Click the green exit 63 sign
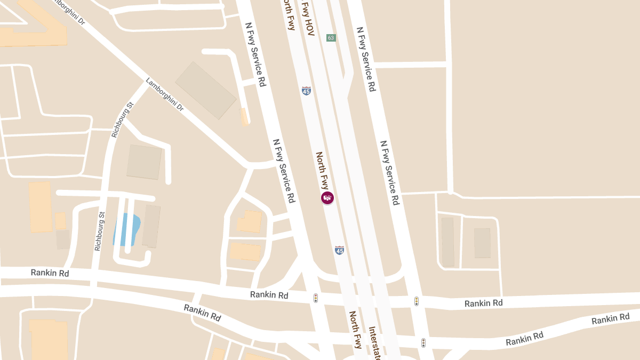pyautogui.click(x=331, y=37)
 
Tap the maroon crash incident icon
pyautogui.click(x=327, y=198)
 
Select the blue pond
pyautogui.click(x=126, y=229)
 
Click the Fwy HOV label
pyautogui.click(x=308, y=18)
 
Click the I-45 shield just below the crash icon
pyautogui.click(x=339, y=250)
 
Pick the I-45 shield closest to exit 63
pyautogui.click(x=306, y=91)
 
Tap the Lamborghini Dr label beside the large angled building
pyautogui.click(x=165, y=95)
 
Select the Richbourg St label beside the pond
pyautogui.click(x=99, y=231)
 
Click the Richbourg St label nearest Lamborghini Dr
pyautogui.click(x=122, y=120)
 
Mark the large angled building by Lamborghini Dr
pyautogui.click(x=206, y=90)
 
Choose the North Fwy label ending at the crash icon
pyautogui.click(x=322, y=171)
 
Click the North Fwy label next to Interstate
pyautogui.click(x=356, y=329)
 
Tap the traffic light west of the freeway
pyautogui.click(x=316, y=298)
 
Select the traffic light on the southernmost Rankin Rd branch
pyautogui.click(x=423, y=342)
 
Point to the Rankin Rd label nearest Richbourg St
pyautogui.click(x=50, y=273)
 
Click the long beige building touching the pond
pyautogui.click(x=151, y=226)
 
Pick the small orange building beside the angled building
pyautogui.click(x=244, y=117)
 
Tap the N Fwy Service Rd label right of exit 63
pyautogui.click(x=366, y=59)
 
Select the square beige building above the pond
pyautogui.click(x=144, y=162)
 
